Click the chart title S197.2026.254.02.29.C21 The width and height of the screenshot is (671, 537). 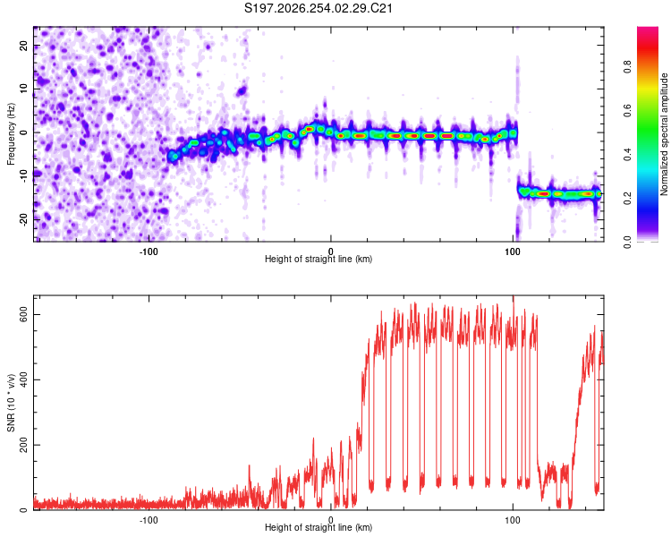318,8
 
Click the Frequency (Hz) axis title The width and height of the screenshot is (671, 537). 11,134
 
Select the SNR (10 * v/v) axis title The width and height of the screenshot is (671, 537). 11,403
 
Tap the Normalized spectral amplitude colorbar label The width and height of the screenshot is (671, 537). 664,134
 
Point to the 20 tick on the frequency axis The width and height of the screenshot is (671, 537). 23,46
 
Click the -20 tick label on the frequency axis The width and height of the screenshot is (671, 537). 23,219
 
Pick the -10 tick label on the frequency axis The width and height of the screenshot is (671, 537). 23,176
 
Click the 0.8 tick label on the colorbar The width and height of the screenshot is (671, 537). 627,67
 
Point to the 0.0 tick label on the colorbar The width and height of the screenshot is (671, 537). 627,242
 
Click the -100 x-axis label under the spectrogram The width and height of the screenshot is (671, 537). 149,251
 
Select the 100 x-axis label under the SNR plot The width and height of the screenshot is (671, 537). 513,520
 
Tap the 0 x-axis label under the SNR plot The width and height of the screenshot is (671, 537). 331,520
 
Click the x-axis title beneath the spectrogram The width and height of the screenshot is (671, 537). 319,259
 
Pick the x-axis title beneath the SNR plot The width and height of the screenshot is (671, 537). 319,527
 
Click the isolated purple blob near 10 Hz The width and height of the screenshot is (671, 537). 242,90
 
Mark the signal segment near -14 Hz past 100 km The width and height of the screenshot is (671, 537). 560,193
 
